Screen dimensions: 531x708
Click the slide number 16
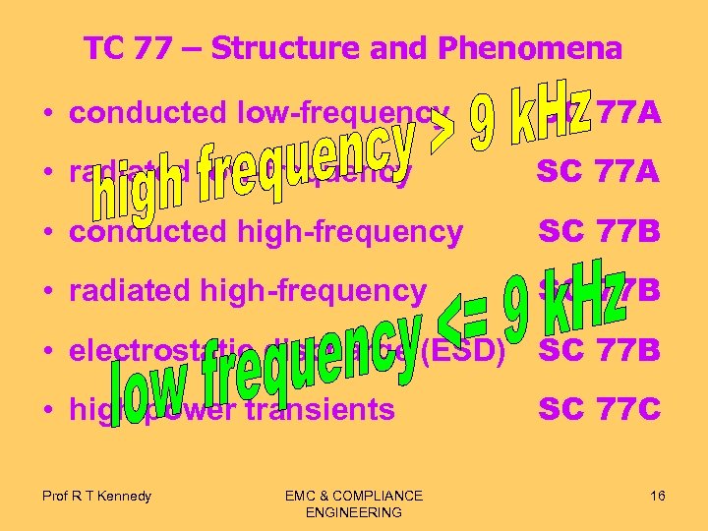click(x=657, y=495)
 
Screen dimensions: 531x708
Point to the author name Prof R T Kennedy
click(x=96, y=496)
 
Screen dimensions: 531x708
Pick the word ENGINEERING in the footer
click(x=354, y=512)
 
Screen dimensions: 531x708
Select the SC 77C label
click(x=599, y=409)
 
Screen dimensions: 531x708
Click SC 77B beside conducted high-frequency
click(x=599, y=232)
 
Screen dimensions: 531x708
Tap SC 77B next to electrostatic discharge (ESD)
click(x=599, y=350)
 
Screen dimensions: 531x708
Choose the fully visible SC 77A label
click(x=598, y=173)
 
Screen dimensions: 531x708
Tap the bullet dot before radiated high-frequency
click(x=48, y=291)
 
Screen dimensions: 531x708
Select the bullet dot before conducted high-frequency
click(x=48, y=232)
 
